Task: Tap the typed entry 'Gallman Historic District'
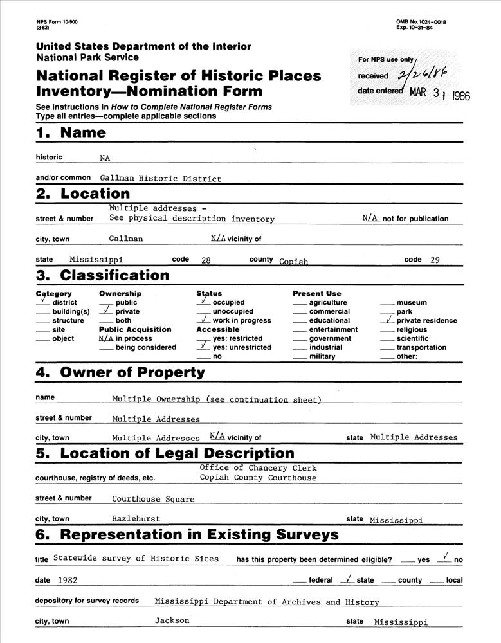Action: tap(160, 179)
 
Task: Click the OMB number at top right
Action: tap(421, 22)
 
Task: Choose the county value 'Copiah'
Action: tap(294, 262)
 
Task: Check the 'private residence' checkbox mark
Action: tap(388, 320)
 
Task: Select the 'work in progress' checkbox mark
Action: tap(203, 320)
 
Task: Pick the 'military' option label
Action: tap(322, 356)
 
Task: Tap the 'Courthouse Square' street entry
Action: tap(153, 499)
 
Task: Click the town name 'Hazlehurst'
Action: tap(136, 518)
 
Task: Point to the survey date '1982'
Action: tap(68, 580)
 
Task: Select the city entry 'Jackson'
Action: tap(172, 620)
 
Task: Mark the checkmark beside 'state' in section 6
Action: tap(348, 579)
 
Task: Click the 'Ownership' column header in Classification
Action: tap(120, 294)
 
